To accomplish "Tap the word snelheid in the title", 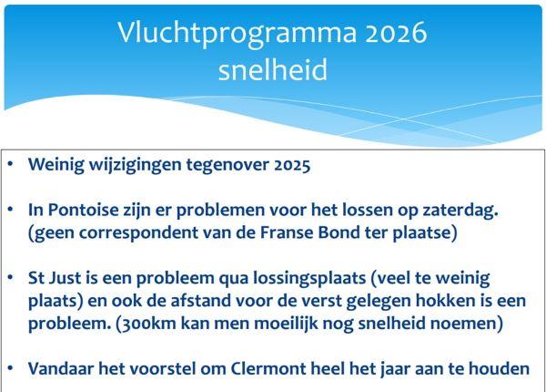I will coord(273,70).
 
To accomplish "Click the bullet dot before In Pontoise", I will coord(10,210).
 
